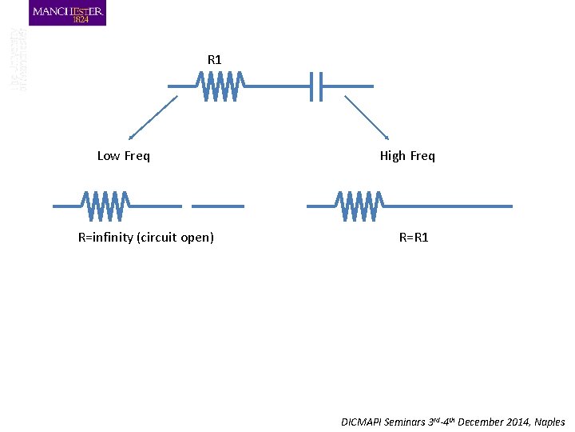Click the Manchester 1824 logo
pyautogui.click(x=67, y=13)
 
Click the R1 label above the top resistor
pyautogui.click(x=214, y=59)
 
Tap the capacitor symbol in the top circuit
pyautogui.click(x=316, y=86)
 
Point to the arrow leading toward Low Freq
pyautogui.click(x=151, y=118)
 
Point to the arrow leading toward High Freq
pyautogui.click(x=367, y=118)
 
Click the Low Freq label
pyautogui.click(x=123, y=156)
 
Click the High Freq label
pyautogui.click(x=407, y=156)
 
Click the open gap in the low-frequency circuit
pyautogui.click(x=187, y=206)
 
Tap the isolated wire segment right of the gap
pyautogui.click(x=217, y=206)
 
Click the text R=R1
pyautogui.click(x=414, y=238)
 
